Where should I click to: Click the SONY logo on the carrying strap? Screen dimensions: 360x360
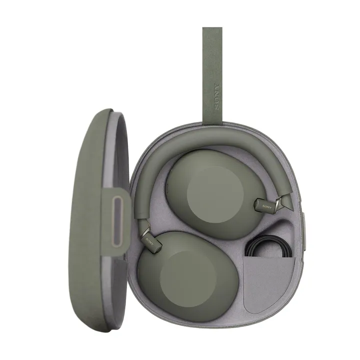[216, 96]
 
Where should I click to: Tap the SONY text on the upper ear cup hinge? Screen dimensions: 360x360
[267, 206]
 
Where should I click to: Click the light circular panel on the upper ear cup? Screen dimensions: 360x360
[215, 194]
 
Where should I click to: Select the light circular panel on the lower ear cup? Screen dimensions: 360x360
[188, 279]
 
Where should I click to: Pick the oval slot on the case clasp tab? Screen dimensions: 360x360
[117, 221]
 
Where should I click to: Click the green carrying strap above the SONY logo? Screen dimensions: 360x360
[212, 55]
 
